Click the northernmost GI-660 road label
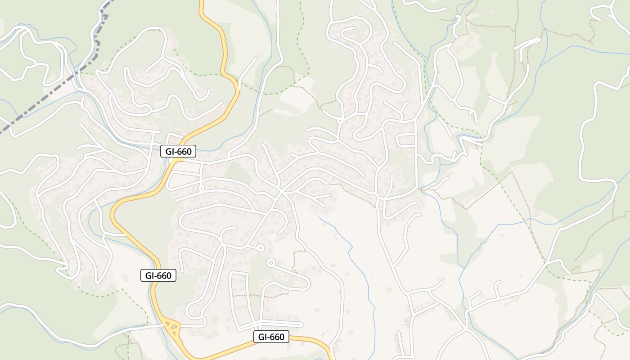[x=178, y=152]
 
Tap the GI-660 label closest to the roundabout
[x=158, y=275]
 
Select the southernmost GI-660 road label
[x=271, y=337]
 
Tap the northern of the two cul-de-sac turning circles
[x=260, y=247]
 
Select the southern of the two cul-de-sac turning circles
[x=270, y=262]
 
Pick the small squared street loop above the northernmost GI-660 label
[x=176, y=137]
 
